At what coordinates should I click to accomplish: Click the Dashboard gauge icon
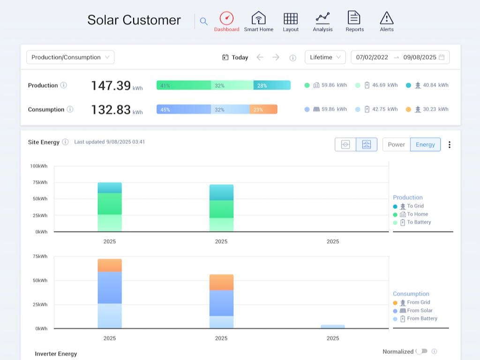point(226,19)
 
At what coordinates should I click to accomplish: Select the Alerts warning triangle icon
point(386,19)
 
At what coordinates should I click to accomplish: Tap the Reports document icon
point(354,18)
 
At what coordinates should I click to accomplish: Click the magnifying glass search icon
point(203,21)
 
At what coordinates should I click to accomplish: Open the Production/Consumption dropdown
point(70,57)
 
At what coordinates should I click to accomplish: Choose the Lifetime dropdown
point(325,57)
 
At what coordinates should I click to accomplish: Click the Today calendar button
point(235,57)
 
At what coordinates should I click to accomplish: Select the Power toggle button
point(396,144)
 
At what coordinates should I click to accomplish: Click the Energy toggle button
point(425,144)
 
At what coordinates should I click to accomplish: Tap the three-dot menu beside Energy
point(449,144)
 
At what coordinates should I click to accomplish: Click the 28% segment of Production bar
point(271,85)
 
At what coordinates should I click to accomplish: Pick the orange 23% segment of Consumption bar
point(263,109)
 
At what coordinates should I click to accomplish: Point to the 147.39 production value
point(111,86)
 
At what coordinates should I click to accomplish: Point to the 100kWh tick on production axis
point(38,166)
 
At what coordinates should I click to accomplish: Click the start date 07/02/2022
point(372,57)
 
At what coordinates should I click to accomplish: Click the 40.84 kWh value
point(435,85)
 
